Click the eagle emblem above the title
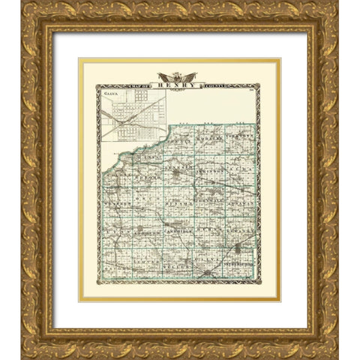177,76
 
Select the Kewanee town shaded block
238,247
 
